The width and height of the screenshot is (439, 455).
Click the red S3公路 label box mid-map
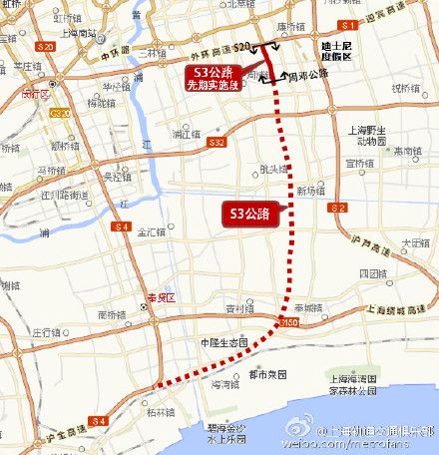[x=251, y=213]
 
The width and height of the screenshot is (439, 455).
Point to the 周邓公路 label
[x=308, y=75]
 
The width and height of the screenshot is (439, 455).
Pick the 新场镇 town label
[x=310, y=190]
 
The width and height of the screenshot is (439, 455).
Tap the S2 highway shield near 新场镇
[x=338, y=207]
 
